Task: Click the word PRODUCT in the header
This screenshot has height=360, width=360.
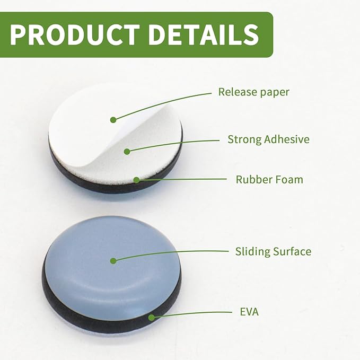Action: (75, 34)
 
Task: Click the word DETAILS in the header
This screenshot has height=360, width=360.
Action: (204, 34)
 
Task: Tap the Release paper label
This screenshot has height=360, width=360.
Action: (254, 92)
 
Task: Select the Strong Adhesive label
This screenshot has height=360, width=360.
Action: (268, 139)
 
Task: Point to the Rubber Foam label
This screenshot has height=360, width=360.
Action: (269, 179)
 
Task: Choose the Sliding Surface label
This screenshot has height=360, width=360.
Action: (273, 251)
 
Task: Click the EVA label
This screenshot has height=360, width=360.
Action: (249, 312)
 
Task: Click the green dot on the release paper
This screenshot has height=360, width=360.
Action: (113, 120)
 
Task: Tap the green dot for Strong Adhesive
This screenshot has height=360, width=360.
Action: (127, 151)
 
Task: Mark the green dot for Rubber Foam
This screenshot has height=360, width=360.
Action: (137, 180)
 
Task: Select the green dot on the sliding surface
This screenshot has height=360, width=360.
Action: (113, 261)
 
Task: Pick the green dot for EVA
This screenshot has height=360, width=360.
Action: (151, 318)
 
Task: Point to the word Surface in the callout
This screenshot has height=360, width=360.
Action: (293, 251)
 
